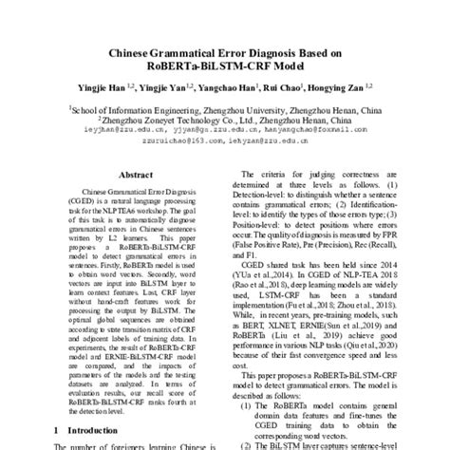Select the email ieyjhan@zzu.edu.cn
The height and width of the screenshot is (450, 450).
(x=102, y=134)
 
